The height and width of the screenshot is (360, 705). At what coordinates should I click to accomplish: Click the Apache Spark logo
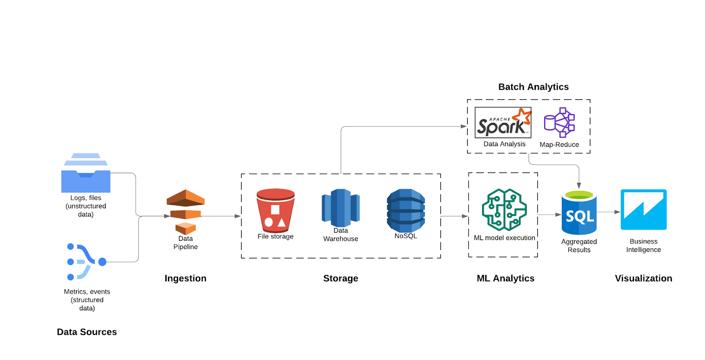pos(503,122)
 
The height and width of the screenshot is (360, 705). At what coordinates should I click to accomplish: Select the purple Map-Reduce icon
pos(559,122)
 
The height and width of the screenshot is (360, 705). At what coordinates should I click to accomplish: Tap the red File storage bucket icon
pos(275,211)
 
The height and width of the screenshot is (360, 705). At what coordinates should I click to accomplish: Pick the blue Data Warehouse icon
pos(341,208)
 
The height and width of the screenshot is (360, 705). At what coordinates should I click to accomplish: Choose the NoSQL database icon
pos(406,210)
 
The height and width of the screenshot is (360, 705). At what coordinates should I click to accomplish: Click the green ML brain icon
pos(504,210)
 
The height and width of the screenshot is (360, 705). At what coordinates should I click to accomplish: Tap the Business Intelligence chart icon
pos(643,210)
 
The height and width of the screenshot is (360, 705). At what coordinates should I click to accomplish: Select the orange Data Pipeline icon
pos(186,212)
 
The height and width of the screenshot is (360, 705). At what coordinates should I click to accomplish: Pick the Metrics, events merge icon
pos(86,262)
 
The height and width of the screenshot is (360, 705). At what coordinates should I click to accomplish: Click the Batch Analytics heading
pos(533,87)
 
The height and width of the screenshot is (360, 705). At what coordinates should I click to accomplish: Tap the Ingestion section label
pos(186,278)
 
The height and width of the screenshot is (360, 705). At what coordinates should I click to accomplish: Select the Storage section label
pos(341,278)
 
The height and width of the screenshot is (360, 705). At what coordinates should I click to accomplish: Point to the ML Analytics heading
pos(505,278)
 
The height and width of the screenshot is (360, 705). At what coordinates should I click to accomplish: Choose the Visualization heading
pos(643,278)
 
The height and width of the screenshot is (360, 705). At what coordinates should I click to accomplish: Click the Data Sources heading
pos(87,332)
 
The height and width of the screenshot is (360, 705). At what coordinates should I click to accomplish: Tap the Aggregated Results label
pos(579,246)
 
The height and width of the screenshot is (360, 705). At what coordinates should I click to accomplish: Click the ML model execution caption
pos(505,238)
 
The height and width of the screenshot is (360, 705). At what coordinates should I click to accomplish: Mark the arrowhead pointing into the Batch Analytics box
pos(464,126)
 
